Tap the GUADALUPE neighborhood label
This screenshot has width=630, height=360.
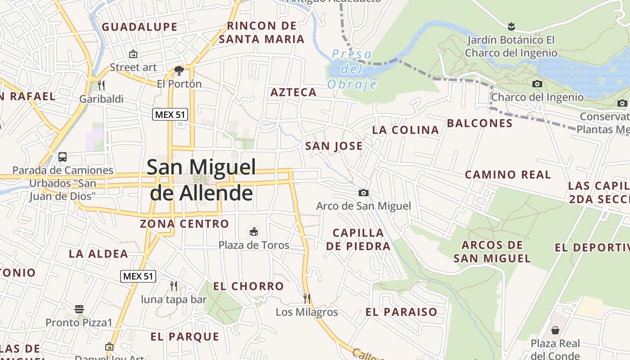coord(139,27)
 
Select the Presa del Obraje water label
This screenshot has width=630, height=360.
coord(352,69)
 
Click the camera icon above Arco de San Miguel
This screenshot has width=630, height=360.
coord(364,193)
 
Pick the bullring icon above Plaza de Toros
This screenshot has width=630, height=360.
coord(254,232)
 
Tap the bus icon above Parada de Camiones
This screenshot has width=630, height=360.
coord(63,157)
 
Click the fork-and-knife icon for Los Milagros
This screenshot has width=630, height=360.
coord(307,298)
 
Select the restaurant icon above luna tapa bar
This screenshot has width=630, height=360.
coord(174,286)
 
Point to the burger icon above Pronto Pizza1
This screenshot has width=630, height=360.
coord(79,309)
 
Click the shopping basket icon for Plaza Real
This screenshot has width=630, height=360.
coord(555,330)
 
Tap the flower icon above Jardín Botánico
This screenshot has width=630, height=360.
coord(511,26)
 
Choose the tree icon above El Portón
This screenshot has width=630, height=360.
coord(179,70)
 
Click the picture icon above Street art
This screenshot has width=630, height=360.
coord(133,54)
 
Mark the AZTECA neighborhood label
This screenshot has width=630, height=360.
coord(293,93)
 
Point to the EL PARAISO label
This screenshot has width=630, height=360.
coord(401,312)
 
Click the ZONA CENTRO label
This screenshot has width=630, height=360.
coord(184,224)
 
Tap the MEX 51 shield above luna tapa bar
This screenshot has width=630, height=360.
coord(138,276)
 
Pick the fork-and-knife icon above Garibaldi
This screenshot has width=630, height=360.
coord(101,85)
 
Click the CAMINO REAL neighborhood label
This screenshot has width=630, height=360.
coord(508,175)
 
